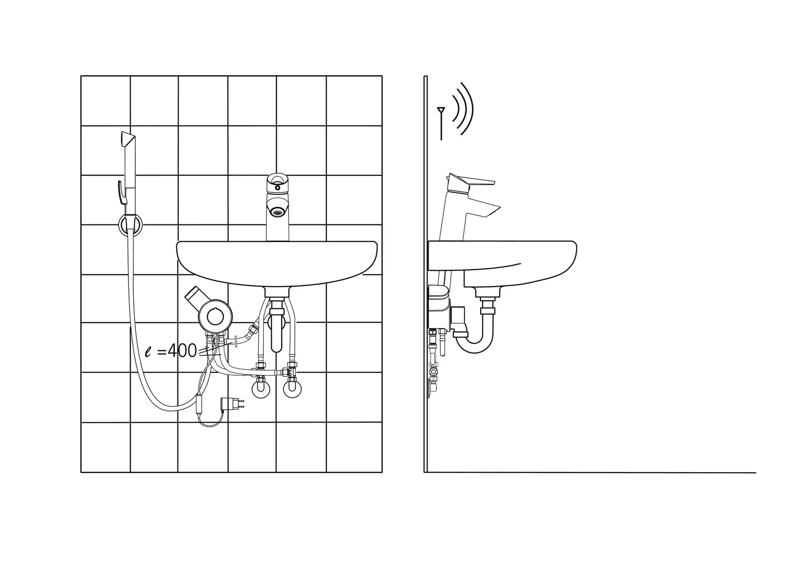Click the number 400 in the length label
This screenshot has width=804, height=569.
(182, 350)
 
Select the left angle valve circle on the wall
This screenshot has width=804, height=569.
(262, 389)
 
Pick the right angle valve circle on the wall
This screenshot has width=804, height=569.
(293, 389)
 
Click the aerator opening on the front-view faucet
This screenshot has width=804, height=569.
(277, 211)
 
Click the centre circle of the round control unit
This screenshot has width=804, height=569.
(214, 317)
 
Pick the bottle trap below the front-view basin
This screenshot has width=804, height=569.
(277, 332)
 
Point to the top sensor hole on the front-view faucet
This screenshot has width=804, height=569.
(277, 185)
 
